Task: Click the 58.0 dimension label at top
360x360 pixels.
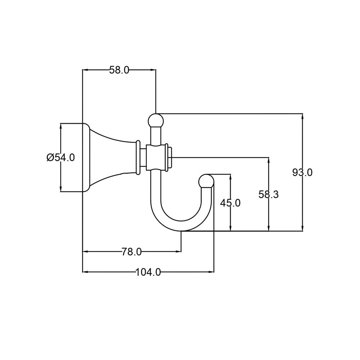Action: click(x=119, y=70)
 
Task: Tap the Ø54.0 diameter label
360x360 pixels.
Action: click(x=61, y=157)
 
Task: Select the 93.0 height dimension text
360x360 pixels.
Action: click(x=302, y=172)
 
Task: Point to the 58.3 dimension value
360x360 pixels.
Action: click(x=269, y=194)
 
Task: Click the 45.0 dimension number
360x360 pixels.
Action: click(x=230, y=203)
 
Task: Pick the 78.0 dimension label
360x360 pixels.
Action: click(x=131, y=252)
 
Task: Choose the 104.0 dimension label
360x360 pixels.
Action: click(x=148, y=272)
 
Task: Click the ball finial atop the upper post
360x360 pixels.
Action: click(x=156, y=121)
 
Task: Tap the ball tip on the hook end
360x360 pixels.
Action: click(x=206, y=181)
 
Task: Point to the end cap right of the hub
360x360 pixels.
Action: click(x=170, y=157)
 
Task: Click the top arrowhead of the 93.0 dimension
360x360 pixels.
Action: click(x=302, y=116)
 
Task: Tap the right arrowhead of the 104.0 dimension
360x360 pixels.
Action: click(x=211, y=272)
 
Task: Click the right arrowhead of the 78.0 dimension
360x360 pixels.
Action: click(x=179, y=252)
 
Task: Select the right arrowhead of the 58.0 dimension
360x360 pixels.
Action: click(x=153, y=70)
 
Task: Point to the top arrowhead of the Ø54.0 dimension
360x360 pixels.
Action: click(x=60, y=126)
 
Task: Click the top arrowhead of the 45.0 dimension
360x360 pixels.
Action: click(x=230, y=177)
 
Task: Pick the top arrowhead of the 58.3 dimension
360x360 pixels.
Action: click(x=269, y=160)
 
